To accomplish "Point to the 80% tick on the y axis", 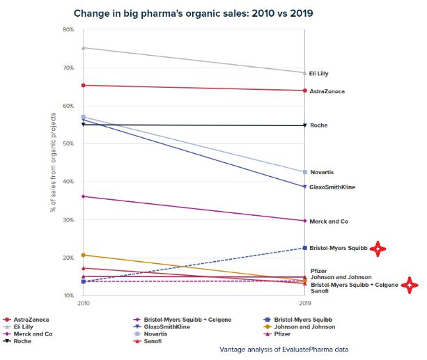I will pyautogui.click(x=68, y=29).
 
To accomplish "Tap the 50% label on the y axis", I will pyautogui.click(x=68, y=143).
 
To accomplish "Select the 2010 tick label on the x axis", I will pyautogui.click(x=84, y=304).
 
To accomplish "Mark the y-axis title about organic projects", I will pyautogui.click(x=53, y=162).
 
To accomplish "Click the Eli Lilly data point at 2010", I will pyautogui.click(x=84, y=48).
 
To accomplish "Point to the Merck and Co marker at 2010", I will pyautogui.click(x=84, y=196).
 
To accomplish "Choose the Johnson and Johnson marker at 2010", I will pyautogui.click(x=84, y=256).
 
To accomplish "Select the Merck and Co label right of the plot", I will pyautogui.click(x=329, y=221).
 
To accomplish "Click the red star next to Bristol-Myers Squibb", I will pyautogui.click(x=378, y=249).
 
